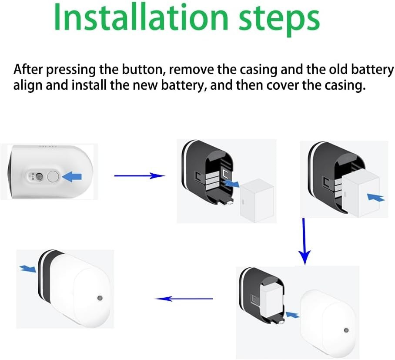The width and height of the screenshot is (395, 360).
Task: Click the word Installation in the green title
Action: pyautogui.click(x=141, y=17)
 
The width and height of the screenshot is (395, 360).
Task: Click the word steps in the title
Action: pyautogui.click(x=279, y=20)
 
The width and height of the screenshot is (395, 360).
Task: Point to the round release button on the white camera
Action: pyautogui.click(x=53, y=176)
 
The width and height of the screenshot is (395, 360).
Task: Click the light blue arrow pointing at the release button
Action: pyautogui.click(x=72, y=176)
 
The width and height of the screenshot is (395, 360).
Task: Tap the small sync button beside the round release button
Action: pyautogui.click(x=39, y=176)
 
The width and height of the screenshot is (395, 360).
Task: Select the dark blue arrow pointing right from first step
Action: pyautogui.click(x=140, y=176)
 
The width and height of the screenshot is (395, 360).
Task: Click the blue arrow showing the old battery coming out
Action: pyautogui.click(x=231, y=183)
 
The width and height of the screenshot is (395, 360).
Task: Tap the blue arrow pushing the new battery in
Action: pyautogui.click(x=376, y=197)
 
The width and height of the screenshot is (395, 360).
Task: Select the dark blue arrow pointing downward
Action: pyautogui.click(x=305, y=241)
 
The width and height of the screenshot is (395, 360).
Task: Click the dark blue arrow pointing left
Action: pyautogui.click(x=184, y=299)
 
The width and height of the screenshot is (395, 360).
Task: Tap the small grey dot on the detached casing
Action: pyautogui.click(x=346, y=330)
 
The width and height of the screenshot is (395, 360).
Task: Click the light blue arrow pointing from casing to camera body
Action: pyautogui.click(x=292, y=315)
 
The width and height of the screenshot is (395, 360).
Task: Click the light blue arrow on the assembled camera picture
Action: pyautogui.click(x=28, y=269)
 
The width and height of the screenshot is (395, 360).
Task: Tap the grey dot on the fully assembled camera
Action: pyautogui.click(x=100, y=298)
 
